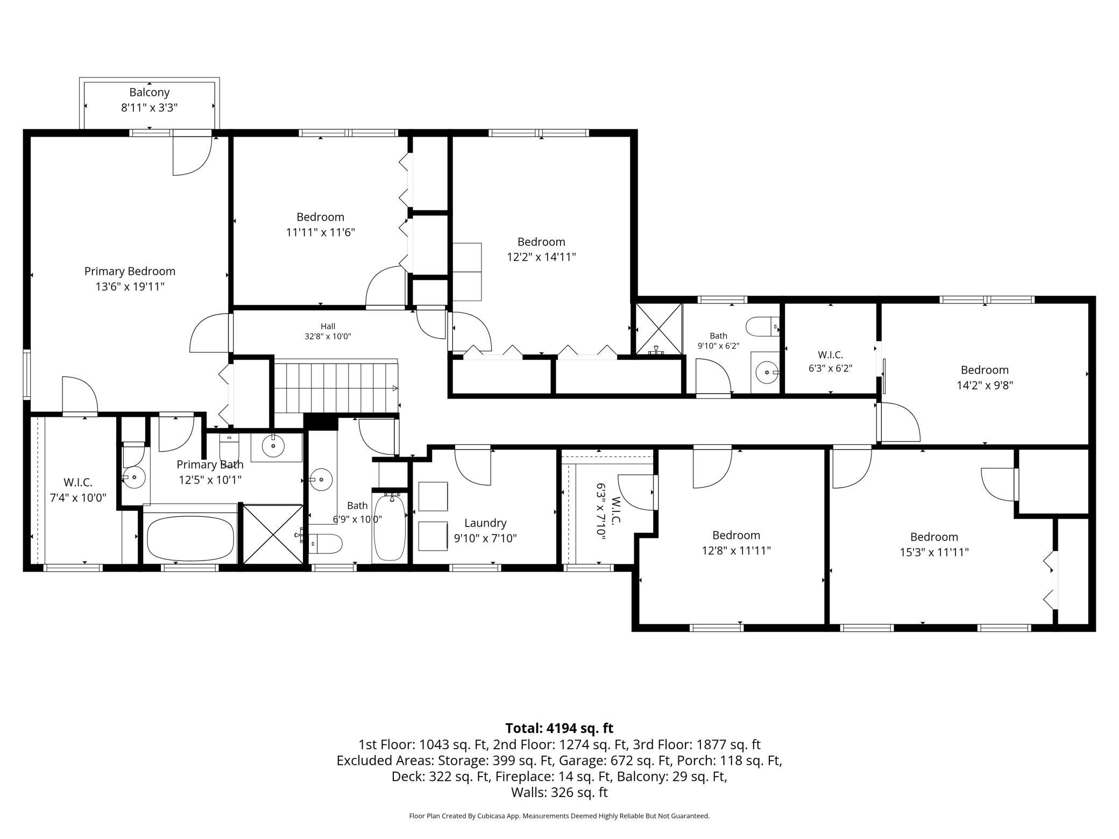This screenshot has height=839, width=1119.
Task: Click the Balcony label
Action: (x=149, y=93)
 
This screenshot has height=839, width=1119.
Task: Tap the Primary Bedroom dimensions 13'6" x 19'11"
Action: (x=130, y=287)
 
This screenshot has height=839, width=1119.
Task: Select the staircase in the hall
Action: (x=336, y=386)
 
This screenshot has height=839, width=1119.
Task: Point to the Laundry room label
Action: (x=485, y=523)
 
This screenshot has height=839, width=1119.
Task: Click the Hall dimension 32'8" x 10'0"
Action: (x=328, y=337)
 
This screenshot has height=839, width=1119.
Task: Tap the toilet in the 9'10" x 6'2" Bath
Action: (x=762, y=326)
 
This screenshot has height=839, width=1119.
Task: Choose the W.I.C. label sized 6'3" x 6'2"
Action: (x=830, y=355)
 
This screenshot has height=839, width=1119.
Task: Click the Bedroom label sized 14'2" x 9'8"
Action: (x=985, y=370)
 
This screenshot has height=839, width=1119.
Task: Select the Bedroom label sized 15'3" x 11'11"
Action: (x=934, y=537)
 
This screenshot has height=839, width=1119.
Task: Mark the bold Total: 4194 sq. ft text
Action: (x=559, y=728)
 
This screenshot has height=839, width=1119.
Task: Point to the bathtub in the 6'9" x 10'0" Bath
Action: (x=389, y=528)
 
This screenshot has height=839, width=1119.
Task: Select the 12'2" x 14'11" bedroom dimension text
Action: (x=541, y=257)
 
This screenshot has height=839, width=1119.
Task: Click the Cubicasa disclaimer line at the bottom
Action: (x=559, y=816)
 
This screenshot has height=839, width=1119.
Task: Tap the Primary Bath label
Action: (x=210, y=464)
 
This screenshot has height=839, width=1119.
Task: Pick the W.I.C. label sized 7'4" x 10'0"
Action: (x=78, y=482)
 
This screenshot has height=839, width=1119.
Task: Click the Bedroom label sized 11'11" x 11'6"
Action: (x=320, y=217)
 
